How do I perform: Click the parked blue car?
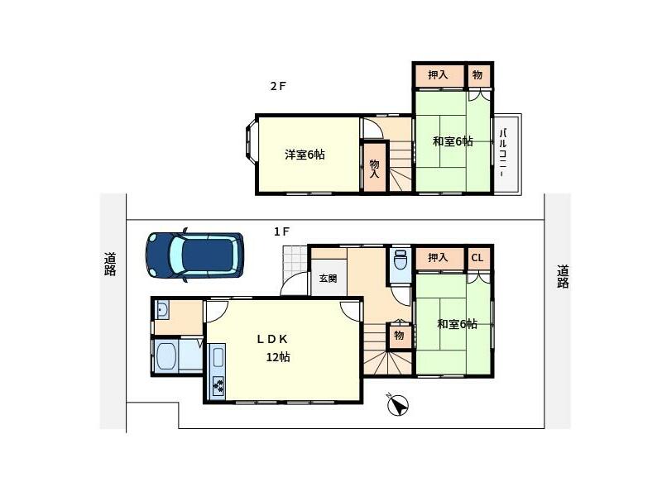pyautogui.click(x=194, y=255)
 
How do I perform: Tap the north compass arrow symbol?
pyautogui.click(x=398, y=405)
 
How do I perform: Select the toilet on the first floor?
pyautogui.click(x=400, y=260)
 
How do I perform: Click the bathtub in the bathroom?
pyautogui.click(x=166, y=355)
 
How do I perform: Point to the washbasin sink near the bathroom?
pyautogui.click(x=161, y=311)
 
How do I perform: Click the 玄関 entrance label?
pyautogui.click(x=328, y=279)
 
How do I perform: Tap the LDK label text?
pyautogui.click(x=272, y=339)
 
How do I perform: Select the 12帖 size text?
pyautogui.click(x=278, y=357)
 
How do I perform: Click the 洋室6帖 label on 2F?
pyautogui.click(x=305, y=155)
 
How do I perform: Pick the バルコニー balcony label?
pyautogui.click(x=503, y=153)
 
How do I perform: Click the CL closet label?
pyautogui.click(x=477, y=257)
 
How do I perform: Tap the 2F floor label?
pyautogui.click(x=278, y=86)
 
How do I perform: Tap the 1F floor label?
pyautogui.click(x=281, y=231)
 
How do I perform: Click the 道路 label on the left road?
pyautogui.click(x=110, y=264)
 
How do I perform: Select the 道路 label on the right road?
pyautogui.click(x=563, y=276)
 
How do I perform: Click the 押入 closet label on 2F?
pyautogui.click(x=438, y=74)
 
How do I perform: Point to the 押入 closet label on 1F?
pyautogui.click(x=438, y=257)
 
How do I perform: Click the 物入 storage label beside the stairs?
pyautogui.click(x=375, y=169)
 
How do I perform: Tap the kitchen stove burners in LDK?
pyautogui.click(x=218, y=387)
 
